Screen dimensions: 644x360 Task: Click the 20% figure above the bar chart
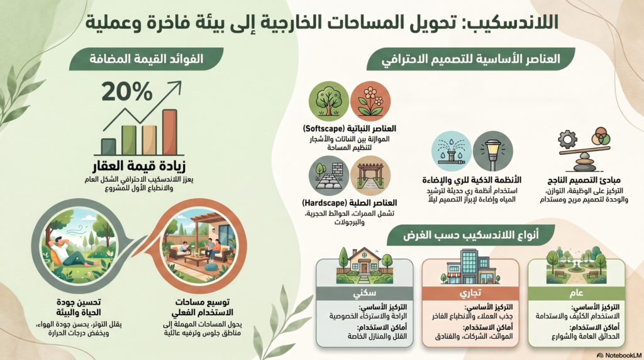pyautogui.click(x=127, y=91)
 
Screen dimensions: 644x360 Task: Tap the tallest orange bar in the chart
pyautogui.click(x=170, y=132)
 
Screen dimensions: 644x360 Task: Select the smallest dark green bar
pyautogui.click(x=108, y=147)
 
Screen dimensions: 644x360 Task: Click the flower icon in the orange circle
pyautogui.click(x=370, y=101)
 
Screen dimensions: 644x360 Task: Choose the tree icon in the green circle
pyautogui.click(x=328, y=101)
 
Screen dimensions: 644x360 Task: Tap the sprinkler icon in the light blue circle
pyautogui.click(x=451, y=151)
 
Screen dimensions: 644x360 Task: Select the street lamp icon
pyautogui.click(x=493, y=151)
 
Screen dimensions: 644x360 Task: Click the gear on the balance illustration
pyautogui.click(x=568, y=140)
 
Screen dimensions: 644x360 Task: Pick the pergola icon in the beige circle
pyautogui.click(x=370, y=176)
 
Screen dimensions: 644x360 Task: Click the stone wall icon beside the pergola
pyautogui.click(x=328, y=176)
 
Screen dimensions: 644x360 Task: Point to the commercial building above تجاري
pyautogui.click(x=470, y=267)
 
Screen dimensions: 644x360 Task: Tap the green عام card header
pyautogui.click(x=576, y=293)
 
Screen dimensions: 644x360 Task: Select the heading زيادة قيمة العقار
pyautogui.click(x=139, y=166)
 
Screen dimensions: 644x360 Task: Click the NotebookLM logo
pyautogui.click(x=619, y=355)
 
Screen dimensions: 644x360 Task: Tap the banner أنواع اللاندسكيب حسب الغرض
pyautogui.click(x=470, y=235)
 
